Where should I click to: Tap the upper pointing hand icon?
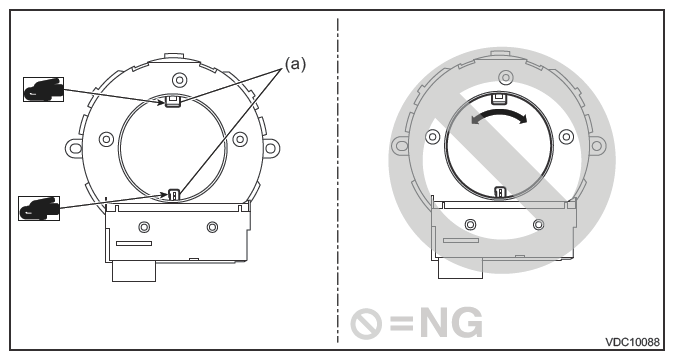(43, 89)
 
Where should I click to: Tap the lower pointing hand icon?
(39, 208)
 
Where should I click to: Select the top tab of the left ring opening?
(173, 101)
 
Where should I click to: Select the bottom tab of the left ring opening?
(174, 194)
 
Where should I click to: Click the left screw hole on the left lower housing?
(145, 227)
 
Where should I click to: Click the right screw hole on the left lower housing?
(212, 227)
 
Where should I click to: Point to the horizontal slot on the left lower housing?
(134, 243)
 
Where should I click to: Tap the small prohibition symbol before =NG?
(366, 323)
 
